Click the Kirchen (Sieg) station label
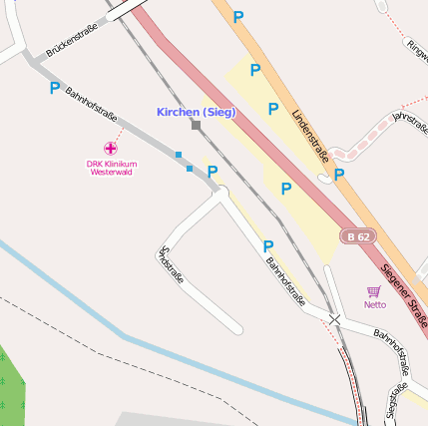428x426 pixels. click(196, 112)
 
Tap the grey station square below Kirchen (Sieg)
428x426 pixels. click(196, 126)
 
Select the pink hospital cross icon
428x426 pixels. click(110, 148)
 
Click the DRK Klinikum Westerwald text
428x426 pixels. click(111, 168)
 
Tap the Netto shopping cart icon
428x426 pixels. click(374, 290)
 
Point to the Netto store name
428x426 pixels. click(374, 304)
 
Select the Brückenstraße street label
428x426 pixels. click(72, 38)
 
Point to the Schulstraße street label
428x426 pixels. click(172, 265)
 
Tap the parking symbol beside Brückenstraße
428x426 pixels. click(54, 88)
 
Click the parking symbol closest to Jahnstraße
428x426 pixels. click(339, 175)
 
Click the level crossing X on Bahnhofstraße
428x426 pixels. click(335, 320)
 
